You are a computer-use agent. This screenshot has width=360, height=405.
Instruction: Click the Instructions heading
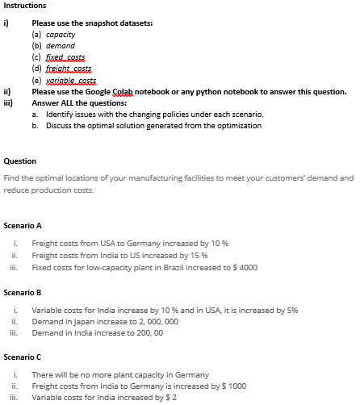(24, 6)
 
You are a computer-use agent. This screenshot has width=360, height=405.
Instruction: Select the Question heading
(19, 161)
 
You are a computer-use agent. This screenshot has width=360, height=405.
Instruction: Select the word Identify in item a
(58, 115)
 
